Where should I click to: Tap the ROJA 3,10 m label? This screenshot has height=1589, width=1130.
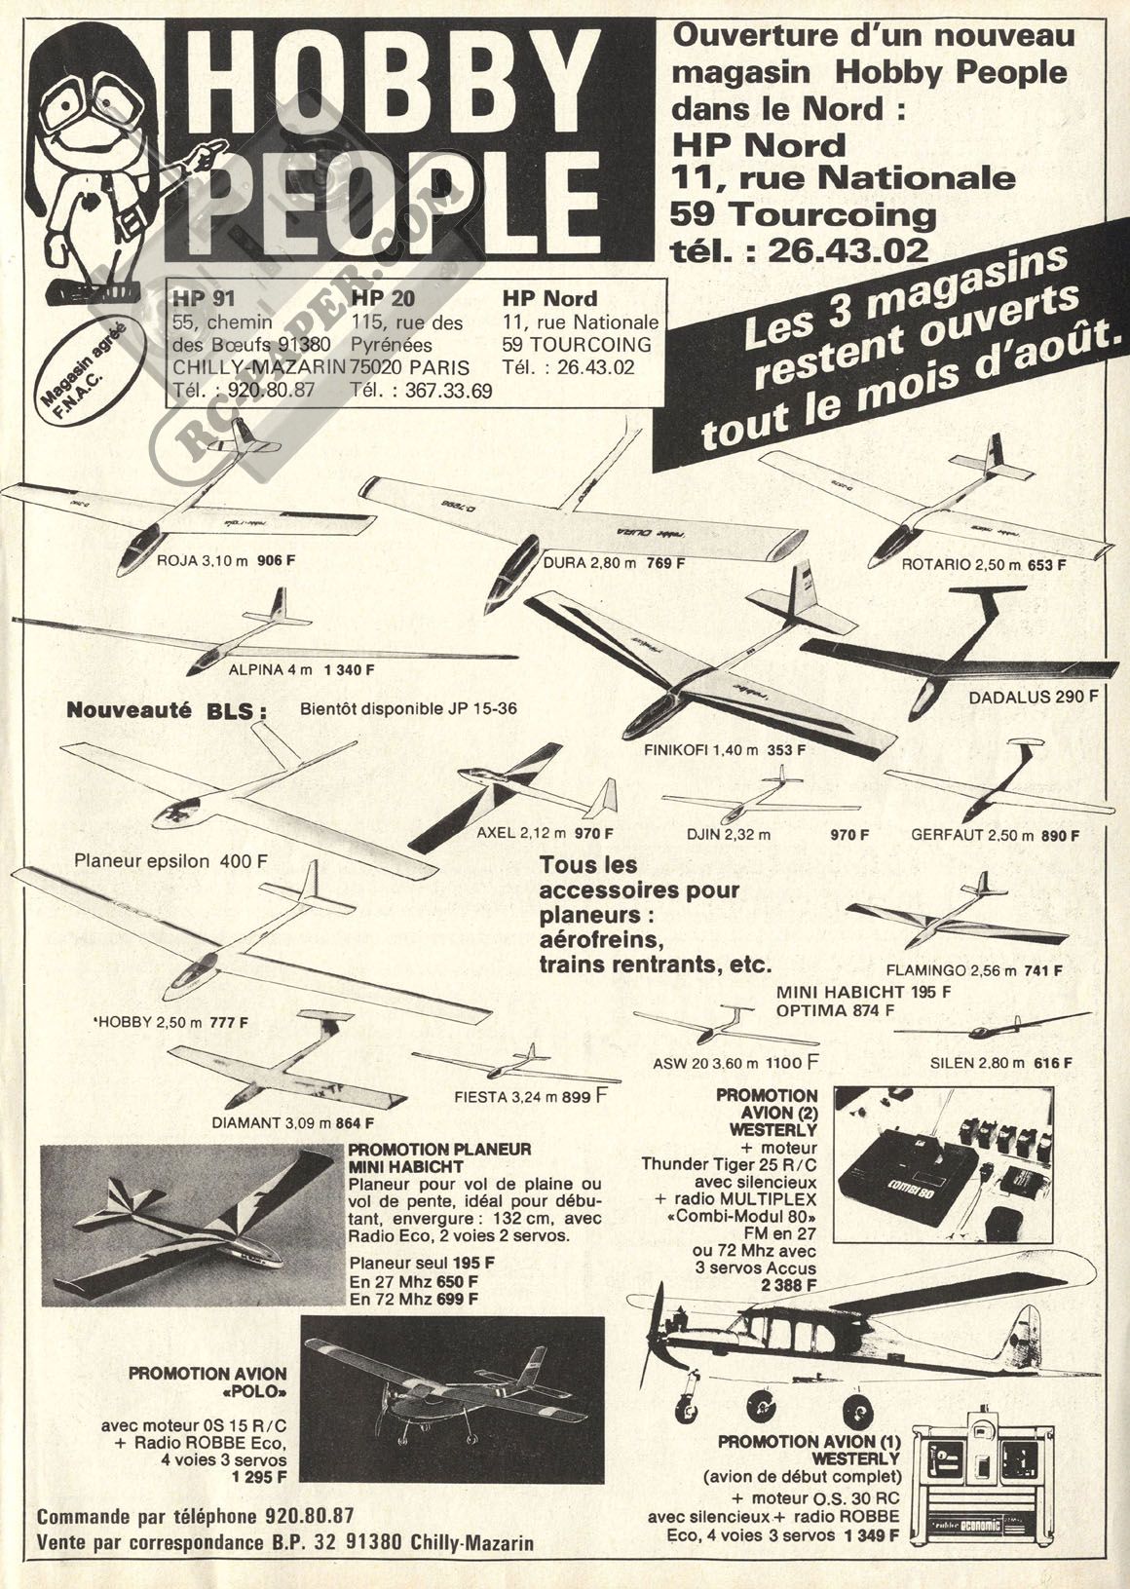click(x=203, y=561)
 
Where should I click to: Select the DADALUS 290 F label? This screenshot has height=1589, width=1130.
click(x=1033, y=697)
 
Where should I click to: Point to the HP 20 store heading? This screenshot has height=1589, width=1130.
click(x=384, y=298)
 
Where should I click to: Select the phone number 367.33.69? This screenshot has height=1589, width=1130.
click(x=448, y=391)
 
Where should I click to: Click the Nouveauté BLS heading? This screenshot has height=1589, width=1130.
click(x=167, y=711)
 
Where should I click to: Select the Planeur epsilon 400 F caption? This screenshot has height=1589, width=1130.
click(x=170, y=861)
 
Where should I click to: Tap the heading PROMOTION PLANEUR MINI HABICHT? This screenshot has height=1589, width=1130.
click(x=439, y=1157)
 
